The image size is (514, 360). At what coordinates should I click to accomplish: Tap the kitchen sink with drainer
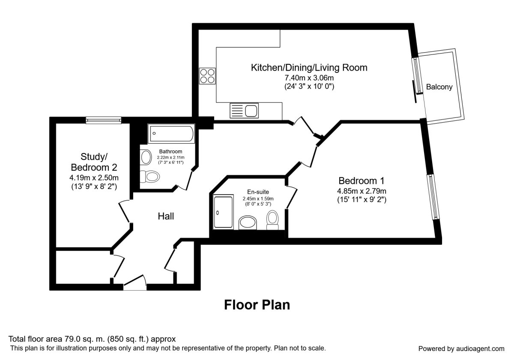[x=244, y=111]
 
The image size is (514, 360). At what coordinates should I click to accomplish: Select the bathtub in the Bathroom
[x=171, y=134]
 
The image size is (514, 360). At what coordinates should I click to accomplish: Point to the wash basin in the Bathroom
[x=146, y=157]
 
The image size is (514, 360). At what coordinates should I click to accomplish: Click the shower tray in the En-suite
[x=223, y=212]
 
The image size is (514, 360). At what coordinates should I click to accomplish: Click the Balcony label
[x=439, y=87]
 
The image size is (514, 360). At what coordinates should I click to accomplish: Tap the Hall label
[x=166, y=216]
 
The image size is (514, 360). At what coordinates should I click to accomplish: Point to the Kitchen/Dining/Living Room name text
[x=309, y=67]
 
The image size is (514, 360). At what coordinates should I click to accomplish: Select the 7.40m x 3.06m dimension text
[x=309, y=78]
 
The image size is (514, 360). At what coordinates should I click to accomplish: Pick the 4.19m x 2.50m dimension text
[x=94, y=177]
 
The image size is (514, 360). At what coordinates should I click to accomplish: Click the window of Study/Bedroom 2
[x=103, y=120]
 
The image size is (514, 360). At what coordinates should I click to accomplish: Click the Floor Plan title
[x=257, y=305]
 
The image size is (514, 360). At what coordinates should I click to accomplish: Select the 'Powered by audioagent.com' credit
[x=461, y=348]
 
